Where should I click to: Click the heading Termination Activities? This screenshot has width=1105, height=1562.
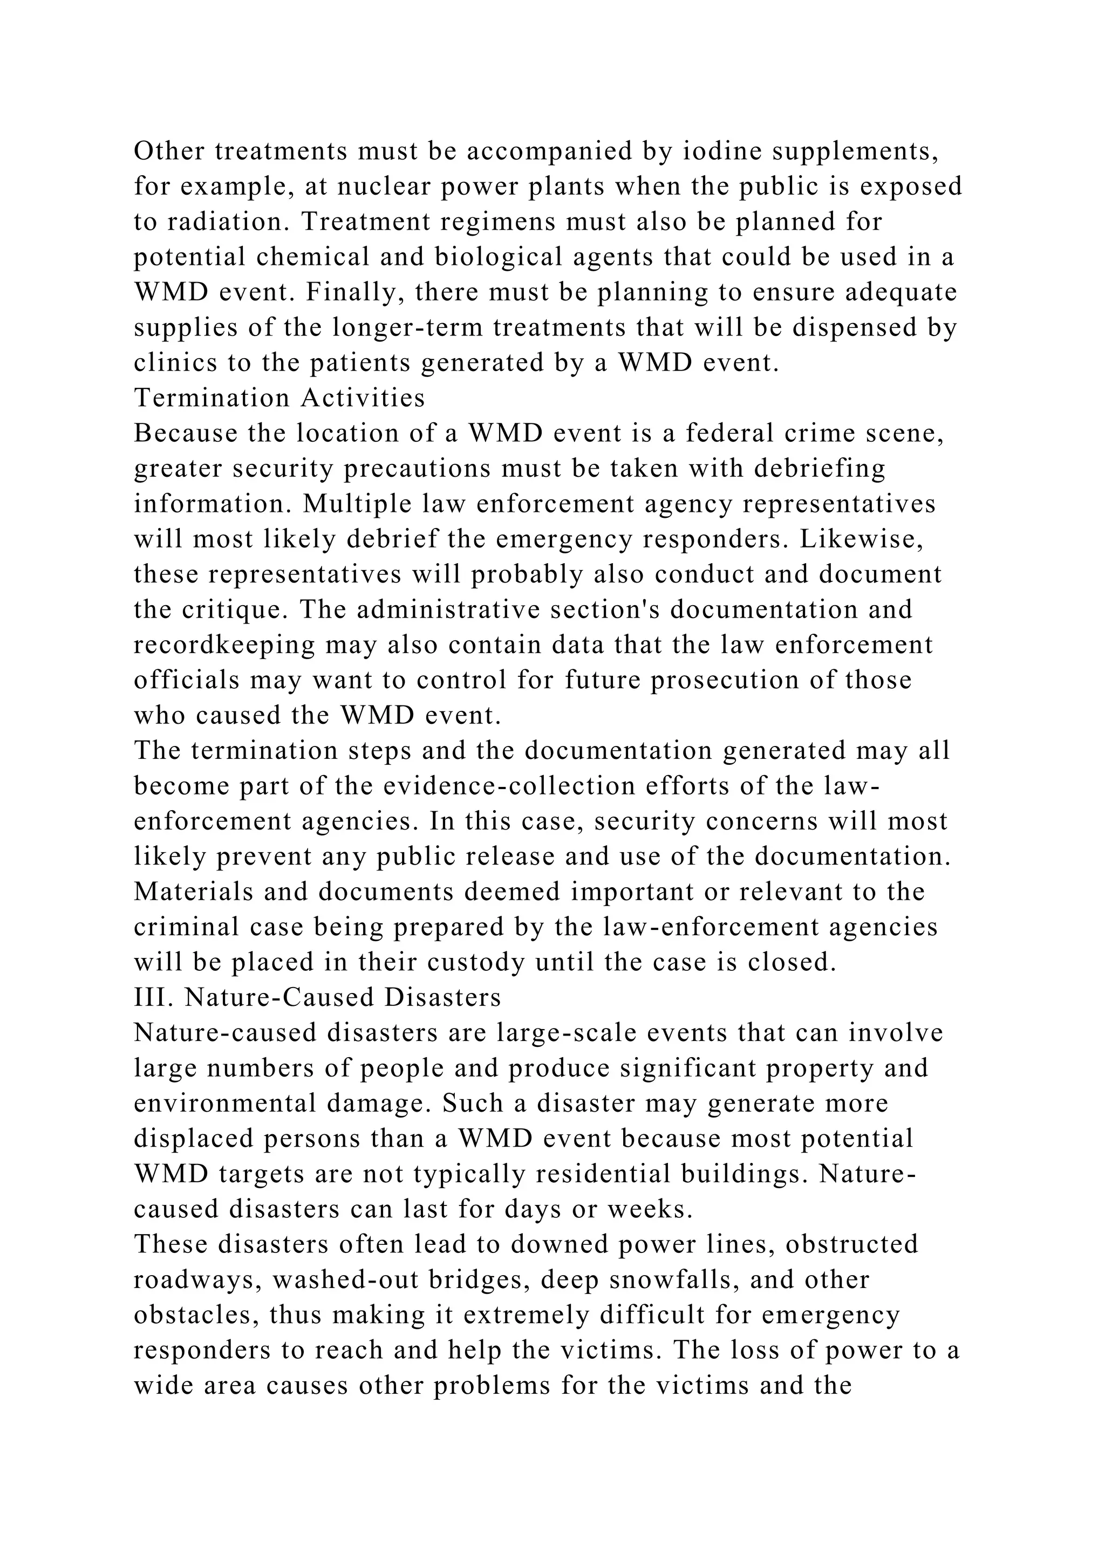tap(279, 398)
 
